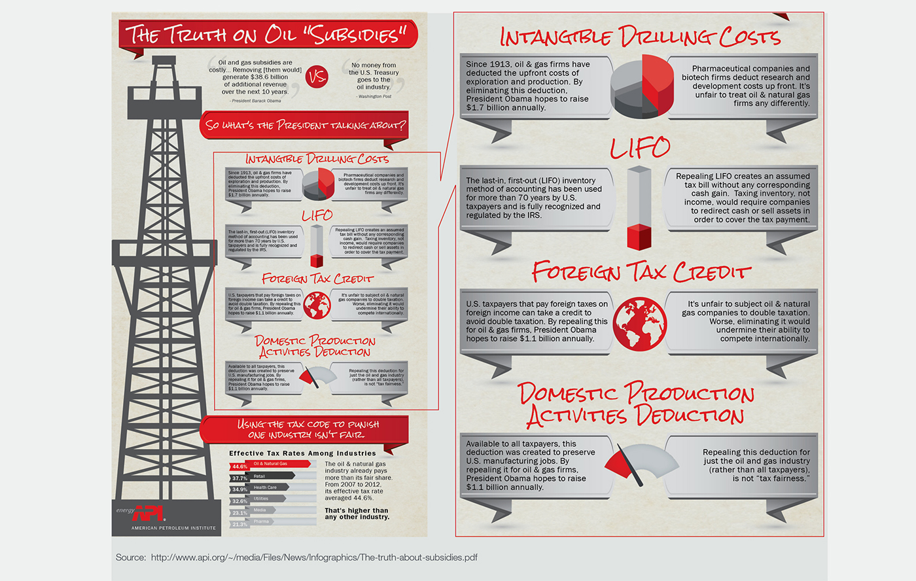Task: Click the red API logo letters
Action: (148, 514)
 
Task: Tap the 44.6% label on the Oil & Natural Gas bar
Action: (239, 467)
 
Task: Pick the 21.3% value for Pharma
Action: (239, 524)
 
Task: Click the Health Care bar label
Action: (265, 487)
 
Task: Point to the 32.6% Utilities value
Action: (239, 501)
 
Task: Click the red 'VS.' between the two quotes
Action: (317, 78)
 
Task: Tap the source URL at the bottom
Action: (314, 557)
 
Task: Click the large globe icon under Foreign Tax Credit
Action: (641, 323)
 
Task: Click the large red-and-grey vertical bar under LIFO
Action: (639, 207)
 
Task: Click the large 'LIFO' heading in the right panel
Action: (640, 148)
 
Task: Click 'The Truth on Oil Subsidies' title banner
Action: (267, 34)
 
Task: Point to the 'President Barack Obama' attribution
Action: (255, 101)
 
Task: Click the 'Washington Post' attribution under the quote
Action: (374, 96)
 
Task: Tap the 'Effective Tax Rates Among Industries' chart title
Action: (302, 453)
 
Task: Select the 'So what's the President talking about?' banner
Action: (305, 125)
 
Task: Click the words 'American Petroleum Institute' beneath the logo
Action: (173, 528)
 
